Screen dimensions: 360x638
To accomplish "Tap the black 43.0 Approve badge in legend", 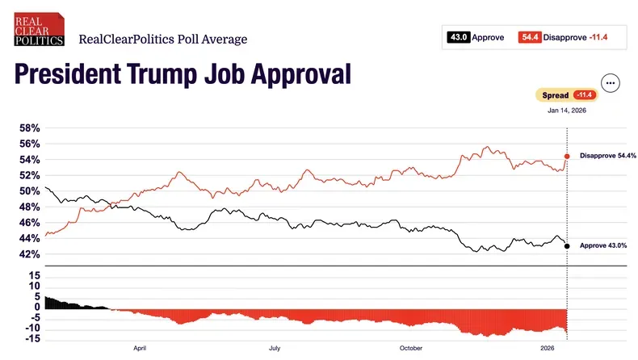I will (x=459, y=36).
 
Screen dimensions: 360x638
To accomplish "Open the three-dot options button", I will (x=610, y=83).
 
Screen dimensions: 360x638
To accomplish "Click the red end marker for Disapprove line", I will (x=567, y=156).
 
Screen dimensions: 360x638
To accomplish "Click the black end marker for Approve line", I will (x=567, y=246).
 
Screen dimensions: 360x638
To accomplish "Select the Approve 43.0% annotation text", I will (x=603, y=245).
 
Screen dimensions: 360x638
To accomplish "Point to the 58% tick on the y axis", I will (x=30, y=128).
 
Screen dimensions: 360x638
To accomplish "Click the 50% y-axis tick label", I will (x=30, y=191).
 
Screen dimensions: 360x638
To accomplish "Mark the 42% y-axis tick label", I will (x=30, y=254).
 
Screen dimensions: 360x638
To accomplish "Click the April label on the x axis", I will (x=140, y=348).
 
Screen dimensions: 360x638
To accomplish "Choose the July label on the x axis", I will (x=275, y=348).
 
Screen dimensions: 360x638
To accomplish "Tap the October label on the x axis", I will (x=410, y=348).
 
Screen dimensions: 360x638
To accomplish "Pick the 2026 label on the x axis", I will (x=547, y=348).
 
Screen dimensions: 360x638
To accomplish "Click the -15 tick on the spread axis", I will (x=31, y=338).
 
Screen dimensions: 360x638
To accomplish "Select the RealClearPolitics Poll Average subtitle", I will (x=162, y=39).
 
